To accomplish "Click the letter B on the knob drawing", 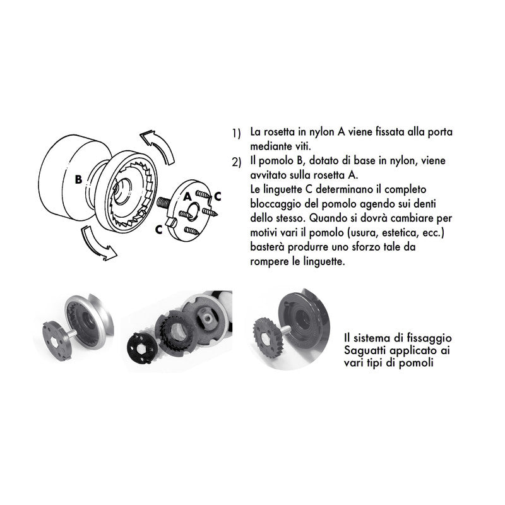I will click(x=78, y=179).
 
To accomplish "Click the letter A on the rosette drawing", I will click(x=187, y=197).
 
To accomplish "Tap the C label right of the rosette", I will click(x=217, y=196).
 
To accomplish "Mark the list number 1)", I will click(x=236, y=134).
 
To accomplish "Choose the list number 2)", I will click(x=236, y=163).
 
